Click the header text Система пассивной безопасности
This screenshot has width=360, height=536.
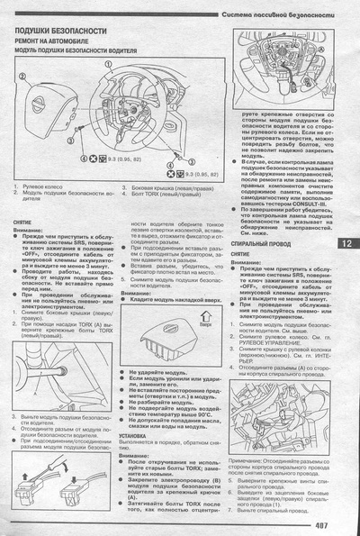[281, 17]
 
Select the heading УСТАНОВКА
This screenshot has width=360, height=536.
[139, 434]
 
